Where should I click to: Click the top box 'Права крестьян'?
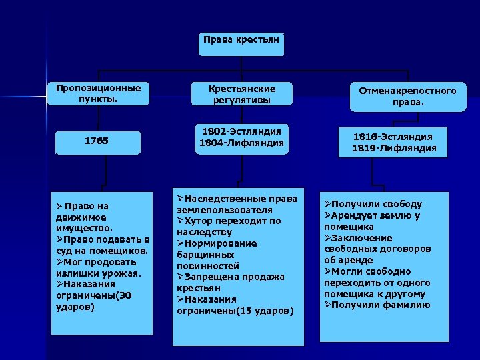tap(241, 44)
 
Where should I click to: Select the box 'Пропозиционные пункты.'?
tap(98, 93)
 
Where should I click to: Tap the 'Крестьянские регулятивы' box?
tap(241, 93)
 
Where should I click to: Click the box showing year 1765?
tap(98, 141)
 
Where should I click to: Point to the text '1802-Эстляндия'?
tap(241, 131)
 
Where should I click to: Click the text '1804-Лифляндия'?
tap(241, 142)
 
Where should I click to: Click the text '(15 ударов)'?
tap(264, 311)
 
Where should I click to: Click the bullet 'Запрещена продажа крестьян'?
tap(230, 283)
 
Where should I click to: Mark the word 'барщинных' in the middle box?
tap(205, 255)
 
